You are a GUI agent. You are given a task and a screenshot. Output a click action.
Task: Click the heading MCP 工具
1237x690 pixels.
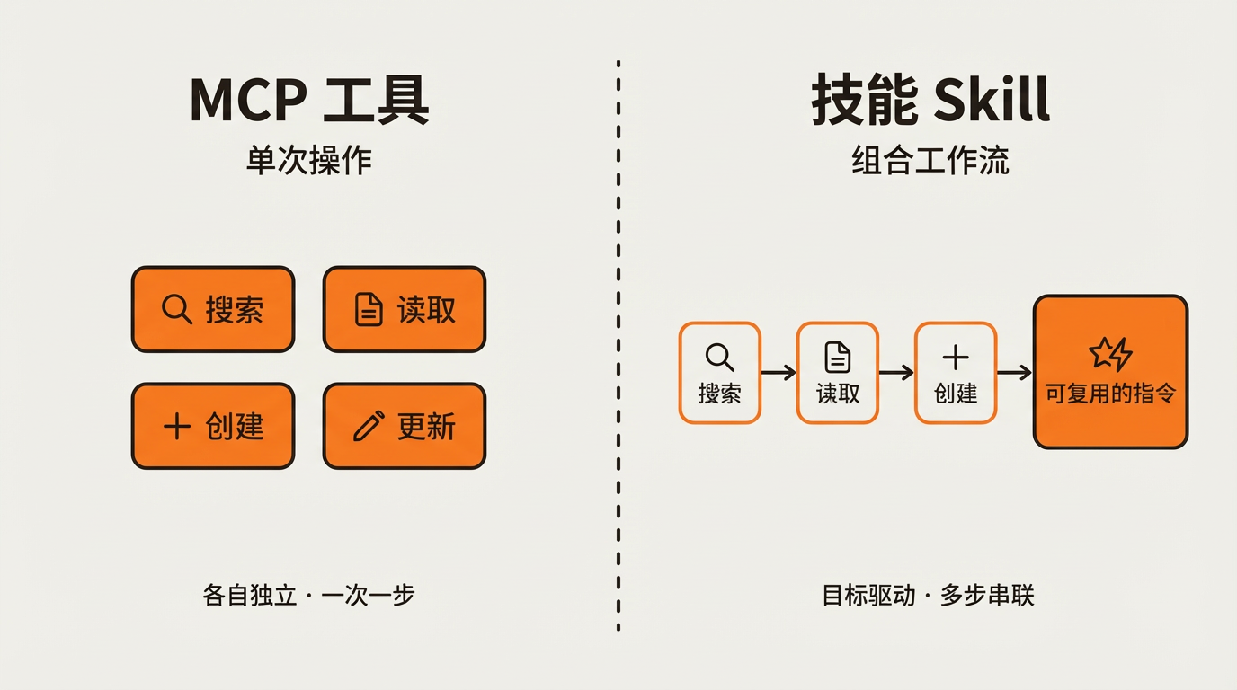click(309, 100)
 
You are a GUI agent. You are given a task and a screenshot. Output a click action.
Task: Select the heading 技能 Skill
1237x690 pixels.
click(930, 100)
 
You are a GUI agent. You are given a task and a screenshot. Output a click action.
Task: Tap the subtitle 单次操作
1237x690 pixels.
click(309, 161)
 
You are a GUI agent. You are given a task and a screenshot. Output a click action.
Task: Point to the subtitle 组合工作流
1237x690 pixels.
click(930, 161)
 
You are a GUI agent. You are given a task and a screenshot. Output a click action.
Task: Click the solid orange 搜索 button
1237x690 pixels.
click(213, 309)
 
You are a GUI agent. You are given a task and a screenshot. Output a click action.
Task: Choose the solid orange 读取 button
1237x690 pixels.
click(405, 309)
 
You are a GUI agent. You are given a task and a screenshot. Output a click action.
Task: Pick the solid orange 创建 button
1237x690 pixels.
click(213, 426)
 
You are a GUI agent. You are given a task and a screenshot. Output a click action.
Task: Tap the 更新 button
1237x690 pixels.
click(405, 426)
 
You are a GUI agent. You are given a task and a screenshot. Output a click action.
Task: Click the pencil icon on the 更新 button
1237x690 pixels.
click(368, 426)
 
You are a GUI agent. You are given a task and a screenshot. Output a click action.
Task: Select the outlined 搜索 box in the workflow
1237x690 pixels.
click(719, 372)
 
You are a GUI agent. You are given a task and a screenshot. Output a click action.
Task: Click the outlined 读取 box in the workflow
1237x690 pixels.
click(837, 372)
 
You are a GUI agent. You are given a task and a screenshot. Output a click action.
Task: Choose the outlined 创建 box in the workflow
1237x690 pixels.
click(955, 372)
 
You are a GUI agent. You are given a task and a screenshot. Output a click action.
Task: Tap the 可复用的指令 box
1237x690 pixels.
click(1110, 372)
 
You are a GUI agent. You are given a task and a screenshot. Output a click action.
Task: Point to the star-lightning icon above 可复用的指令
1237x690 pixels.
click(1110, 354)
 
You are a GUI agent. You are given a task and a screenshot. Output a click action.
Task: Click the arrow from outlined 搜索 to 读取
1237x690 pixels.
click(779, 372)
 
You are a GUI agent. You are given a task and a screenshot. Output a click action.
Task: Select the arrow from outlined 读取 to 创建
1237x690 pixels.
click(896, 372)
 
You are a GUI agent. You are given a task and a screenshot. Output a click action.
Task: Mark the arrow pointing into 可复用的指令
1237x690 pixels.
click(1014, 372)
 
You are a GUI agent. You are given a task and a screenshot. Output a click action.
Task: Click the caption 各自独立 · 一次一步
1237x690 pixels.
click(309, 595)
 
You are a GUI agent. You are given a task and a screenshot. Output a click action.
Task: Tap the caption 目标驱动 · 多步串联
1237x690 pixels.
click(929, 595)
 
